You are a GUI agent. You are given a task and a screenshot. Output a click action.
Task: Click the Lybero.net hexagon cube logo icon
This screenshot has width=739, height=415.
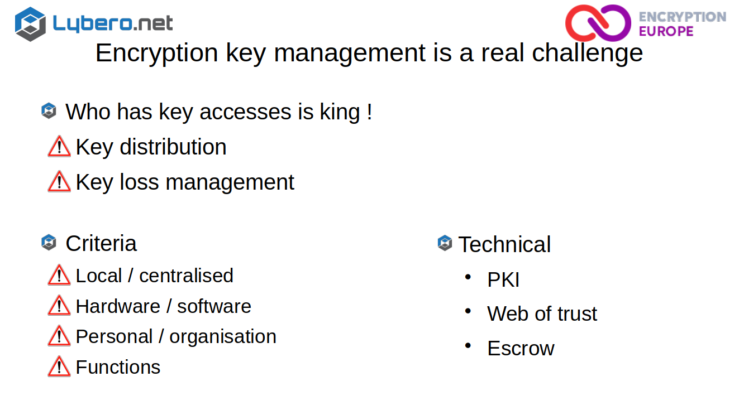30,24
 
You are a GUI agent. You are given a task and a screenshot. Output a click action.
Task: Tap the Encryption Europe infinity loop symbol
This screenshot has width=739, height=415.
598,23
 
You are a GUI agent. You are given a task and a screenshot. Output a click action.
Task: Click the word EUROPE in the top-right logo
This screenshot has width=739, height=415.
666,31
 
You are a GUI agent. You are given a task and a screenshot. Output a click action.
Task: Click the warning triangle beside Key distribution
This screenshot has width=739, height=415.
59,146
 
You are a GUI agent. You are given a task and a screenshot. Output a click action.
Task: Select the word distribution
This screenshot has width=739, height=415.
173,147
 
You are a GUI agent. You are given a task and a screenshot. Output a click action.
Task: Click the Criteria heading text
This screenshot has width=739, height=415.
101,243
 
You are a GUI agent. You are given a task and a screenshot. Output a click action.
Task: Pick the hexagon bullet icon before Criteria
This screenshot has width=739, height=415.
49,243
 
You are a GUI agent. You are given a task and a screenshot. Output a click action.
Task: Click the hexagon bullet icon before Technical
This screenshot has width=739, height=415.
445,243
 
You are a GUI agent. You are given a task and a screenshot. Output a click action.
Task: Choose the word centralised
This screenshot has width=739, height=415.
186,276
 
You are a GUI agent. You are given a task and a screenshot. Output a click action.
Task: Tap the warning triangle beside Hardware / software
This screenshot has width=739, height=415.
59,305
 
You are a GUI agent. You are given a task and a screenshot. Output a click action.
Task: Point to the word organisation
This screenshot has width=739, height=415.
223,337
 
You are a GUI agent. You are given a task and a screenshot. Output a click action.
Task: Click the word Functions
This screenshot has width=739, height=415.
118,367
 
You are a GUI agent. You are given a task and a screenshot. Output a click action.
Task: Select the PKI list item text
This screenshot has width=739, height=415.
503,279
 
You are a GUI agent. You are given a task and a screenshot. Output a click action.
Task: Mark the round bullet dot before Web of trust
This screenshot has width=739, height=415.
468,311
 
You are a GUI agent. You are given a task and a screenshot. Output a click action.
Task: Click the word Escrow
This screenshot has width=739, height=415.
521,348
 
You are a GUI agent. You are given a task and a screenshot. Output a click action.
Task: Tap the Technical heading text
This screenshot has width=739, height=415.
505,244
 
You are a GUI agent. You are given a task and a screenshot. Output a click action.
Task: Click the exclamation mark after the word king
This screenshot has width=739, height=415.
370,112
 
